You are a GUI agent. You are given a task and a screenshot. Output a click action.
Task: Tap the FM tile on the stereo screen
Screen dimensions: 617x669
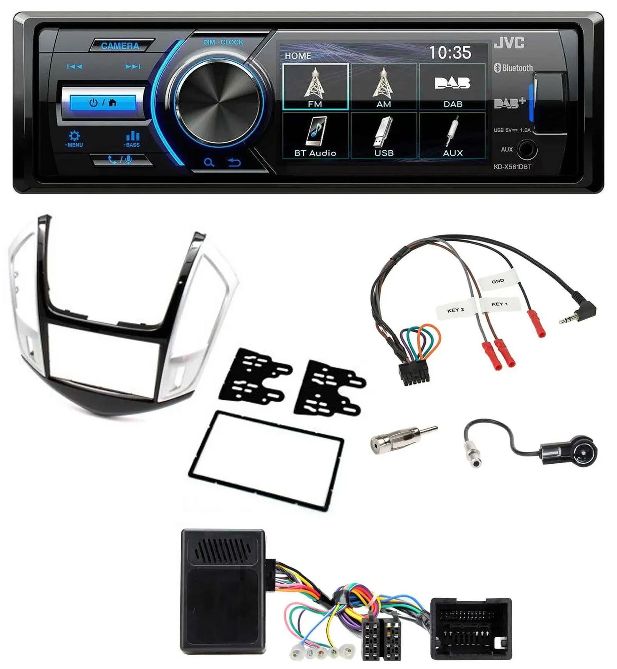315,87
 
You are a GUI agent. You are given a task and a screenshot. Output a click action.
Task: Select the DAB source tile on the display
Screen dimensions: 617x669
452,87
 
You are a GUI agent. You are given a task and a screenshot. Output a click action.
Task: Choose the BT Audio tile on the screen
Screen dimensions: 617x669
315,136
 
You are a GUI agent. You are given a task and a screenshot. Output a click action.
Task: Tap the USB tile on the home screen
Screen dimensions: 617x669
384,136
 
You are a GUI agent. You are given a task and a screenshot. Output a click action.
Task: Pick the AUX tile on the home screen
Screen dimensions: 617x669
452,136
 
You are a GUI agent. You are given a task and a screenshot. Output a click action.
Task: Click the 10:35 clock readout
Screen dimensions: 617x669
450,53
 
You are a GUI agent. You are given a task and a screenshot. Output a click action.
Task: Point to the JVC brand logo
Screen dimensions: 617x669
509,43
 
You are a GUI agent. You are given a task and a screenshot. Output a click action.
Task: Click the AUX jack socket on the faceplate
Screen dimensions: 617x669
526,149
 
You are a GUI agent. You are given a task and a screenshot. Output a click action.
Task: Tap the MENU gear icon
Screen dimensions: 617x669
74,137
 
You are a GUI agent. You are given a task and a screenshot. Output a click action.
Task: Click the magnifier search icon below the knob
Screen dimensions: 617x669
209,162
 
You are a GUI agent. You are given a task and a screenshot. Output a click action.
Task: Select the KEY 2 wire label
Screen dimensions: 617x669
456,310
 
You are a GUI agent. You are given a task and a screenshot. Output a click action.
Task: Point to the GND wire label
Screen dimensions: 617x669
498,281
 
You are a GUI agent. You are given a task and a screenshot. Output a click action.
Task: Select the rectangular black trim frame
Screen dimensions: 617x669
267,460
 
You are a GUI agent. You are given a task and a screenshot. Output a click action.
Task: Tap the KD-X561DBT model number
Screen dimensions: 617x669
512,167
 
